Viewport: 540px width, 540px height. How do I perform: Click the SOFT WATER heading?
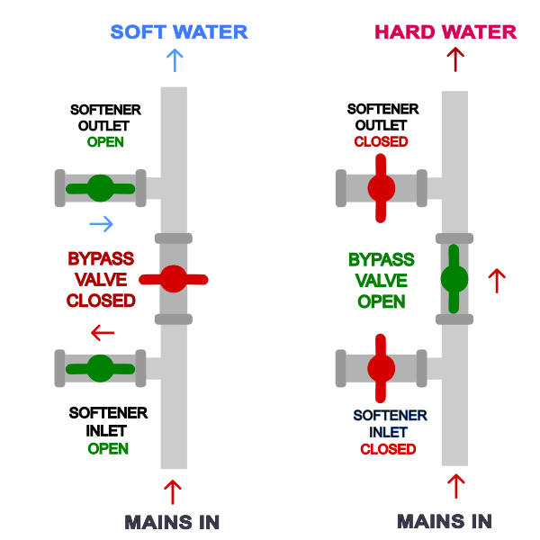179,32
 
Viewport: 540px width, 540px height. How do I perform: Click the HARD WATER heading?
445,32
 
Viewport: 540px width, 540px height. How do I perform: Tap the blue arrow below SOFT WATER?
175,60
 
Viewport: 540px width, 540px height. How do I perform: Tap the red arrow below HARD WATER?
455,59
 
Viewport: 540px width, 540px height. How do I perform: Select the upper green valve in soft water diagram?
100,188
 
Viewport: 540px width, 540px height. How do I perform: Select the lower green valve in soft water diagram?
100,368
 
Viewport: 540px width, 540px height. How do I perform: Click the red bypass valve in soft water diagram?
174,279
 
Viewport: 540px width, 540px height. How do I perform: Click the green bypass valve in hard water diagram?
454,279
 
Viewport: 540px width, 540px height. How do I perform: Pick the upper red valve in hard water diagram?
381,188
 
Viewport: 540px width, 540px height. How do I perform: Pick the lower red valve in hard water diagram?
381,368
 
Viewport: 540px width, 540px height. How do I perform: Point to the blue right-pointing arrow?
102,223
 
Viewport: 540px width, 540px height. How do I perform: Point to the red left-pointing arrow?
103,333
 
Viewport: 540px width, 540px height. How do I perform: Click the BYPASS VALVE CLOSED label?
101,279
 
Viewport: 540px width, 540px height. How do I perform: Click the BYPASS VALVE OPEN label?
381,281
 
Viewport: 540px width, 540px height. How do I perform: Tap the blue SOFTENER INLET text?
390,423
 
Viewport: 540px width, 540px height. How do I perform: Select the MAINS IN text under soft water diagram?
172,522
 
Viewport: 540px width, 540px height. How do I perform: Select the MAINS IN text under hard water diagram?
445,521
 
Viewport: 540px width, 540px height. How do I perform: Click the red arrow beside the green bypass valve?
496,281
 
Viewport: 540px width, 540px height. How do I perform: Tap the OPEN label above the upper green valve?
105,142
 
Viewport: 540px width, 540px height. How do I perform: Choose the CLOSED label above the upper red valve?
381,142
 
